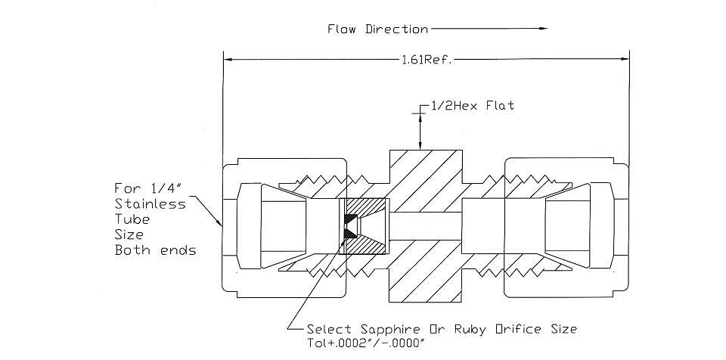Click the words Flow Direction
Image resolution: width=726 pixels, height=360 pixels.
click(x=378, y=29)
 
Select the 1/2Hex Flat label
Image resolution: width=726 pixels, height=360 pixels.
click(x=472, y=106)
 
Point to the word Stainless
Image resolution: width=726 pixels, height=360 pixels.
click(x=150, y=204)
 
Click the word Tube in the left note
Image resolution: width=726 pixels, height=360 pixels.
click(x=132, y=219)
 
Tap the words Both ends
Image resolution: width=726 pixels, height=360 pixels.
click(x=155, y=250)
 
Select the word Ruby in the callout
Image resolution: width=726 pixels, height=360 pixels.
click(x=470, y=330)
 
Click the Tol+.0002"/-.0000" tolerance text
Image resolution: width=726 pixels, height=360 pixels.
click(x=366, y=344)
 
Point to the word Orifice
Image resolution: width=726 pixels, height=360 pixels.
click(x=519, y=330)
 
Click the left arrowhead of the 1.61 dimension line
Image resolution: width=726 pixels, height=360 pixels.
click(x=228, y=59)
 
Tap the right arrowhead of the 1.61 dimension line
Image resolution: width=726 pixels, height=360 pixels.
click(x=624, y=59)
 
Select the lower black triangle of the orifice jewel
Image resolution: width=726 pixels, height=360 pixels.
click(x=350, y=234)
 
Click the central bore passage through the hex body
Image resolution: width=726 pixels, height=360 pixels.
click(x=426, y=226)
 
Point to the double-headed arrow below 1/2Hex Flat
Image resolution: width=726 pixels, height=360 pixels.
click(x=420, y=132)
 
